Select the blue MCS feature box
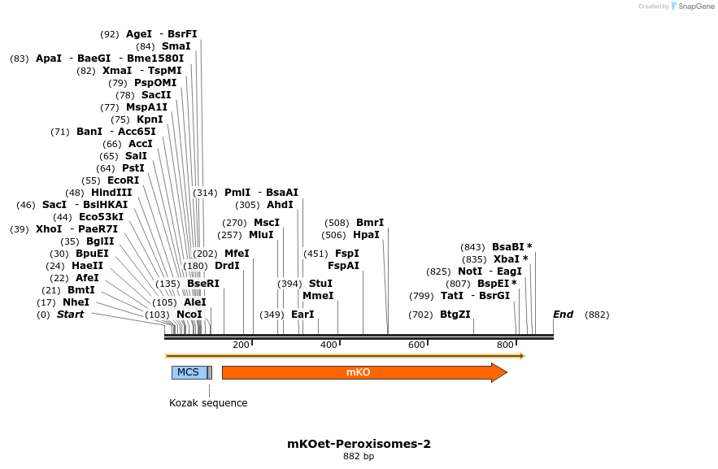pos(188,372)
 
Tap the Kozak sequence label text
pos(208,403)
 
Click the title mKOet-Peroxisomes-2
pos(359,444)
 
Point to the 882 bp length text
pos(359,457)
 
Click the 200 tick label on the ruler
pos(241,345)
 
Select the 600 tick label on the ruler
pos(416,345)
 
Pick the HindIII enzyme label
pos(111,193)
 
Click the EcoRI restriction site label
pos(123,180)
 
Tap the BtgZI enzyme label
pos(455,315)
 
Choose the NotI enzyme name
pos(470,271)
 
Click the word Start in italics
pos(70,315)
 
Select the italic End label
pos(563,315)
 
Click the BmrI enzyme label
pos(370,223)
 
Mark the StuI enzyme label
pos(320,284)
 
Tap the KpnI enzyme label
pos(150,119)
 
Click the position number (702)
pos(420,315)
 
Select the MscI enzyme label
pos(267,223)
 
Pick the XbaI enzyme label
pos(507,259)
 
